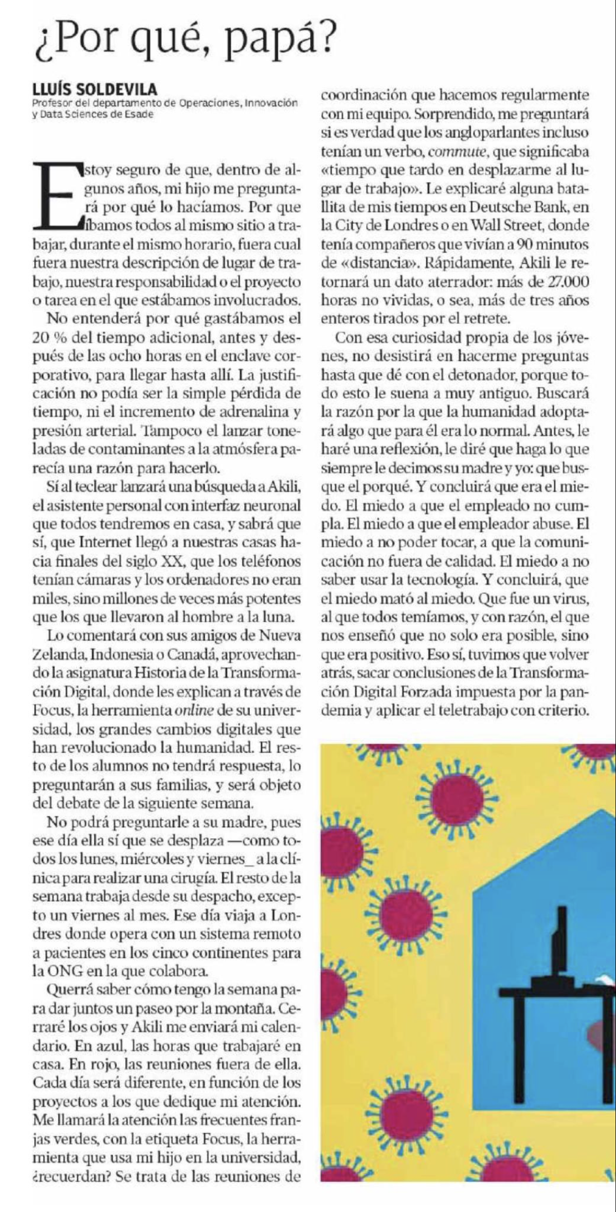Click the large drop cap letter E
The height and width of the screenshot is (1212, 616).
coord(56,197)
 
